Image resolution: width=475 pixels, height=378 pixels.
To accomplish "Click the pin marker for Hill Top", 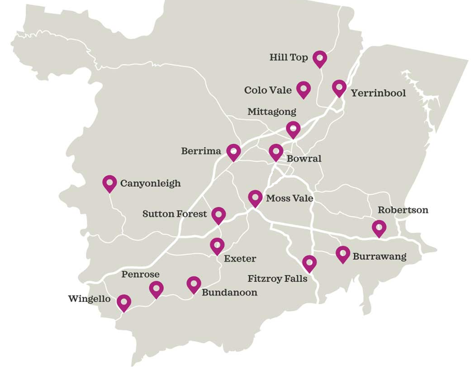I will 319,58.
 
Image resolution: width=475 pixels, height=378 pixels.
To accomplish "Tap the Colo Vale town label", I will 268,90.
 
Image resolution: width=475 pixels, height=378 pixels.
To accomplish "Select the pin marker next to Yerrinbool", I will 339,87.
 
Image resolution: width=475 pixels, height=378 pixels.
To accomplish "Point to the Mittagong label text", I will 271,111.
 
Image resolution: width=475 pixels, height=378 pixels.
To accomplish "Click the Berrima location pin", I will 233,152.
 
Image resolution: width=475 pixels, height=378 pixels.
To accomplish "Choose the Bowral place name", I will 304,158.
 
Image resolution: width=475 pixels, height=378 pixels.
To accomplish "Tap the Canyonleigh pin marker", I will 109,183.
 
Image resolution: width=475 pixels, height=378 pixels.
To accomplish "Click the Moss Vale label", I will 290,198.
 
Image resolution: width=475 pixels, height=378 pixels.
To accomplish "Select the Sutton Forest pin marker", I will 218,215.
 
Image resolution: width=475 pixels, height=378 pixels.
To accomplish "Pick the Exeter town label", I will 240,259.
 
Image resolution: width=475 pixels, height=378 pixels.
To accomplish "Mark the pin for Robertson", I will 379,228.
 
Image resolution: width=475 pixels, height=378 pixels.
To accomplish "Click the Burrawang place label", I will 379,257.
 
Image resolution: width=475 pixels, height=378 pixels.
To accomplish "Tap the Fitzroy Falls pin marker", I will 309,263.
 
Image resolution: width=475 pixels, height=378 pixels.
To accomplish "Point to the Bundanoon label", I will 229,292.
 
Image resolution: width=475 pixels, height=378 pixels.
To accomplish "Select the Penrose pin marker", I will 156,288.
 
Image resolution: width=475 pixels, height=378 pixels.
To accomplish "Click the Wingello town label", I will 89,299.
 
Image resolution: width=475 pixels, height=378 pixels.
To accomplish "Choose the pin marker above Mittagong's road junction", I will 293,129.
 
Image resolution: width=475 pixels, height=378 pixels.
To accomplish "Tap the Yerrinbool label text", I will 378,93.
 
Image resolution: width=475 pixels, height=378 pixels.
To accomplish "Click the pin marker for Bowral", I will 276,152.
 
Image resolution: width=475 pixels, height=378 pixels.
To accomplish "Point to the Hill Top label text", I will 289,57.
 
